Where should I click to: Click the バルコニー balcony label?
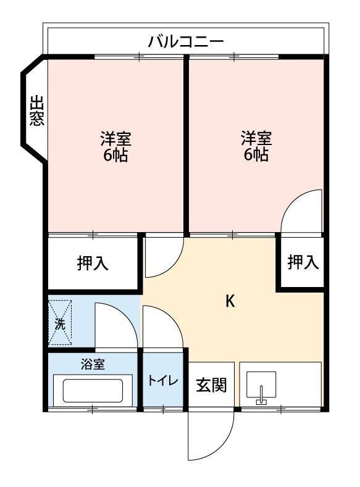185,42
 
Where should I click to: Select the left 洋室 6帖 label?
115,146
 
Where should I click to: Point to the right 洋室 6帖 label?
256,146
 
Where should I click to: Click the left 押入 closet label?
93,264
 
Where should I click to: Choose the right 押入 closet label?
303,262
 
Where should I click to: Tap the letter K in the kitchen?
230,301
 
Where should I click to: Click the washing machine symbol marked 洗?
61,323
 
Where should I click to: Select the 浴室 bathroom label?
93,364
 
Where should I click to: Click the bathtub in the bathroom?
93,390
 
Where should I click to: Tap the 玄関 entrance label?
212,385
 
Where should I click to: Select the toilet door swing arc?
162,327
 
